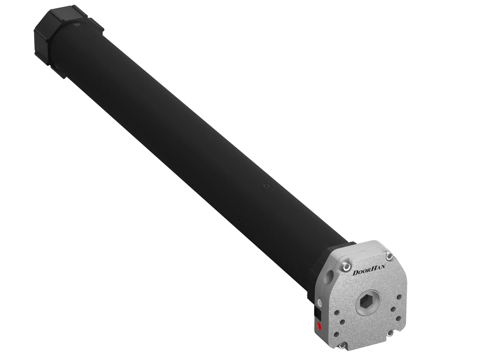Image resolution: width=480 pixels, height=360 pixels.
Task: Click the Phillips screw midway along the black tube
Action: pyautogui.click(x=266, y=186)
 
